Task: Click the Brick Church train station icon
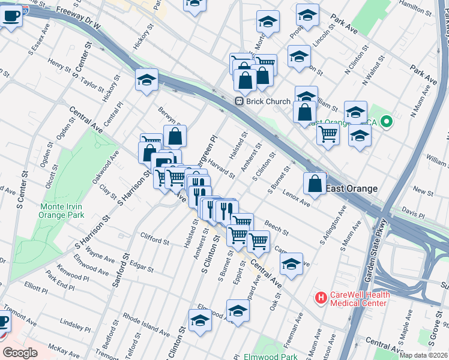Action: pyautogui.click(x=238, y=101)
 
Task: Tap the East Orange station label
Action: pyautogui.click(x=352, y=188)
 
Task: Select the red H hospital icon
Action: pyautogui.click(x=321, y=297)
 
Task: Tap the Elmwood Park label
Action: pyautogui.click(x=275, y=356)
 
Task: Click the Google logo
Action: pyautogui.click(x=20, y=352)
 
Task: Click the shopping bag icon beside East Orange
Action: pyautogui.click(x=315, y=185)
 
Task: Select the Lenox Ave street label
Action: pyautogui.click(x=297, y=200)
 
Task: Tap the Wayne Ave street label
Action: pyautogui.click(x=100, y=257)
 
